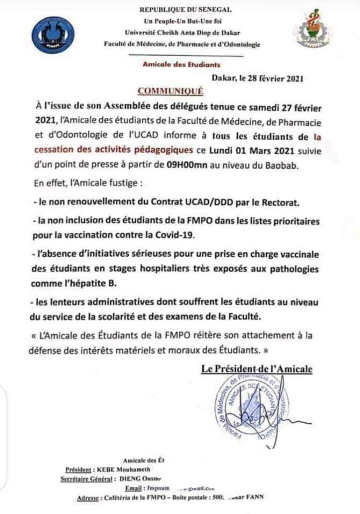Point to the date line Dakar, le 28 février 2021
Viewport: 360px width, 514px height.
tap(258, 78)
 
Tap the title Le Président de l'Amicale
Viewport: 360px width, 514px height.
tap(257, 369)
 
